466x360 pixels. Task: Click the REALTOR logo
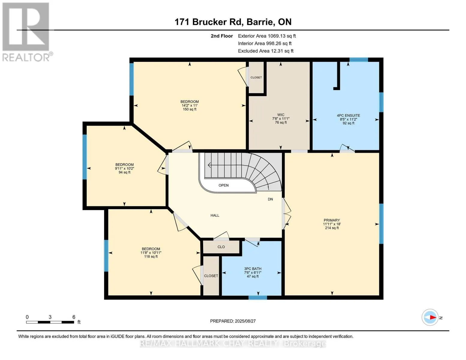[x=27, y=32]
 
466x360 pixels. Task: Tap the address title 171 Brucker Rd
[x=209, y=22]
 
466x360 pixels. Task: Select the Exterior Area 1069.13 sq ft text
[x=267, y=36]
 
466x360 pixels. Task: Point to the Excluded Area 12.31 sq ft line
[x=266, y=51]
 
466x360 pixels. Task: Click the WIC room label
[x=281, y=115]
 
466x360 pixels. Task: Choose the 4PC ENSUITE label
[x=348, y=115]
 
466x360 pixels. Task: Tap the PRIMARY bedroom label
[x=332, y=220]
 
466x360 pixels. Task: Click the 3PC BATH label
[x=253, y=269]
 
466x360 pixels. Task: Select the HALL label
[x=215, y=215]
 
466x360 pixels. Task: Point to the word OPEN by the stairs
[x=224, y=185]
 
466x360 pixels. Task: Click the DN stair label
[x=270, y=199]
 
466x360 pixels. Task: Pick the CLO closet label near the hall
[x=221, y=247]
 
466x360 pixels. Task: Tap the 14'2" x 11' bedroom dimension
[x=190, y=106]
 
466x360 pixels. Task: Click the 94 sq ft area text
[x=125, y=172]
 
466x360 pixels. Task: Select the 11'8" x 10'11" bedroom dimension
[x=151, y=253]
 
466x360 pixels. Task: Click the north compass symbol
[x=430, y=317]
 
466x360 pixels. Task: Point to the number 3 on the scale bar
[x=50, y=317]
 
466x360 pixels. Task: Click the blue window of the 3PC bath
[x=258, y=297]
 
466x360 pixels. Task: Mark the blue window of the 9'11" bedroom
[x=85, y=157]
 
